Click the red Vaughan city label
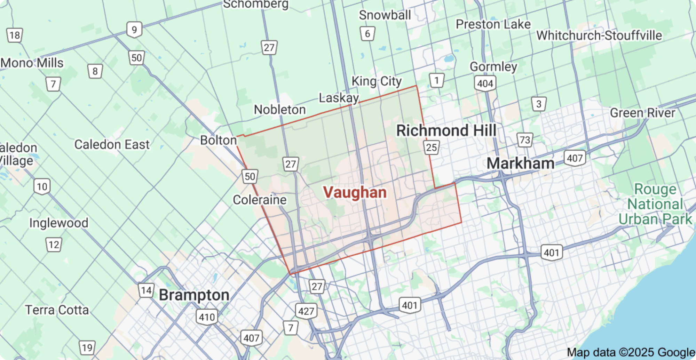[355, 192]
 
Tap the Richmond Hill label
[446, 131]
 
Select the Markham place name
[520, 163]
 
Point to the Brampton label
[194, 295]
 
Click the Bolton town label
[218, 140]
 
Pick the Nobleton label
[280, 110]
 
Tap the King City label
[377, 81]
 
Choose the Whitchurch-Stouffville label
[599, 35]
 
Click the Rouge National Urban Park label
[655, 204]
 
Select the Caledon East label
[112, 144]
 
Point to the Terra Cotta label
[57, 310]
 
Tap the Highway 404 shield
[485, 83]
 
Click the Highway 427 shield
[306, 311]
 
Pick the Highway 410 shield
[207, 317]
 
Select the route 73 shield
[525, 140]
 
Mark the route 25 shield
[432, 147]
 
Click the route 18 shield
[15, 35]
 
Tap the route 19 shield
[87, 347]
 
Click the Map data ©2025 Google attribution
[631, 352]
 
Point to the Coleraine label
[260, 200]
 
